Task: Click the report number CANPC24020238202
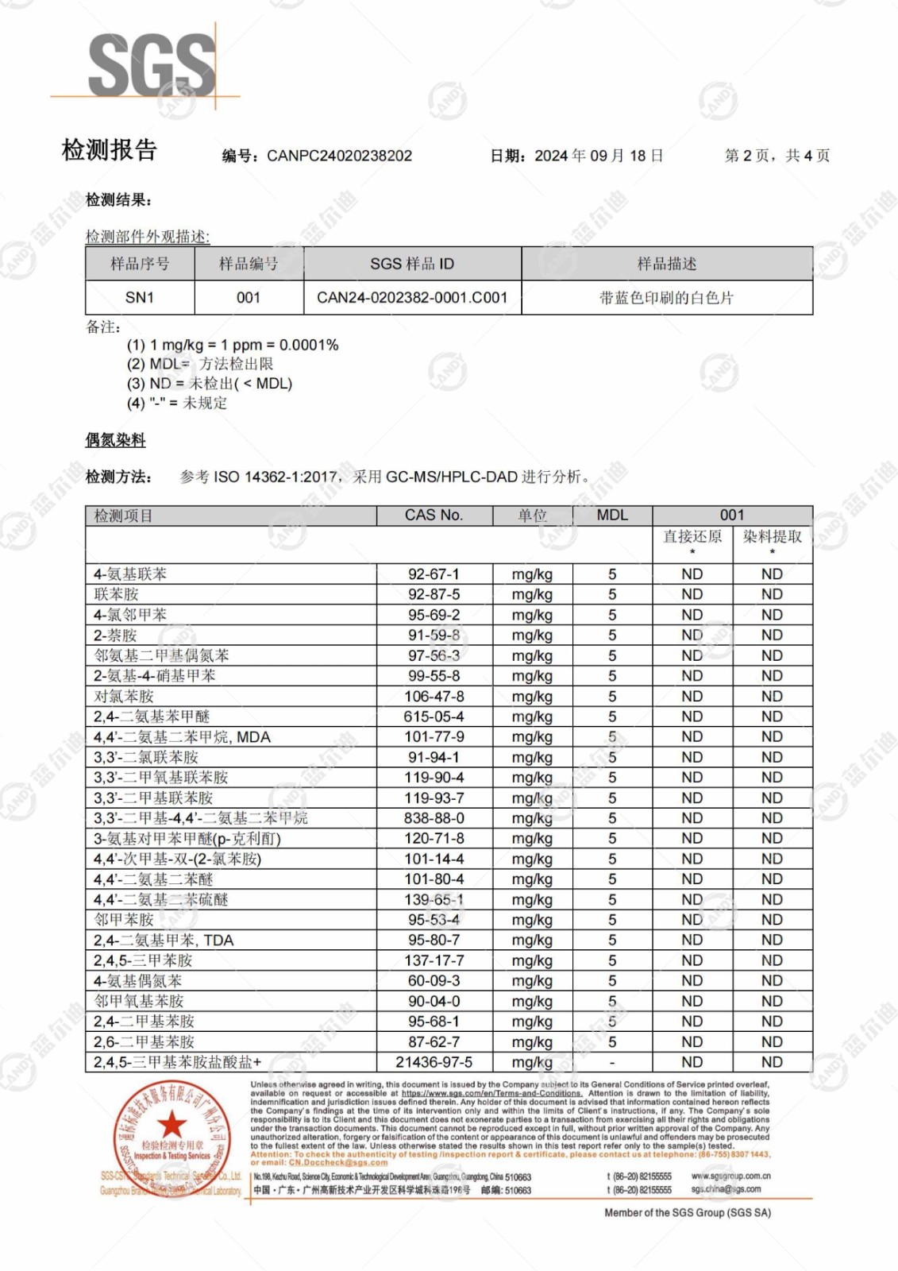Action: (x=339, y=156)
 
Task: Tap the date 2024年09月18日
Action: (x=599, y=156)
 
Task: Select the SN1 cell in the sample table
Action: (x=140, y=297)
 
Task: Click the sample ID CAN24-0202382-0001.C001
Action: (x=412, y=297)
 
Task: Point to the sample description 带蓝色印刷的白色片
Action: (x=666, y=298)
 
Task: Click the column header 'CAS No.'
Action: (x=434, y=515)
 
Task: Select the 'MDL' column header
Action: (x=612, y=515)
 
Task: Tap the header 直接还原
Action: (x=692, y=537)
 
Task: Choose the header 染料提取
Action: (x=772, y=537)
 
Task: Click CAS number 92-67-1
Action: (x=434, y=574)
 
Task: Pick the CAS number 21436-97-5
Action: (x=434, y=1062)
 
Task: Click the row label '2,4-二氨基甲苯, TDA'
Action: (x=164, y=940)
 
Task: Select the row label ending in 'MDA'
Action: (x=182, y=736)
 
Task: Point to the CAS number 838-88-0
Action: (x=434, y=818)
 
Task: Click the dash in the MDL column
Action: (x=612, y=1062)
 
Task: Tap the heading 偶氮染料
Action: (x=116, y=440)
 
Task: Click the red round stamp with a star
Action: (x=172, y=1138)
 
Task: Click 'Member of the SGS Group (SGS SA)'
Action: (x=688, y=1212)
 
